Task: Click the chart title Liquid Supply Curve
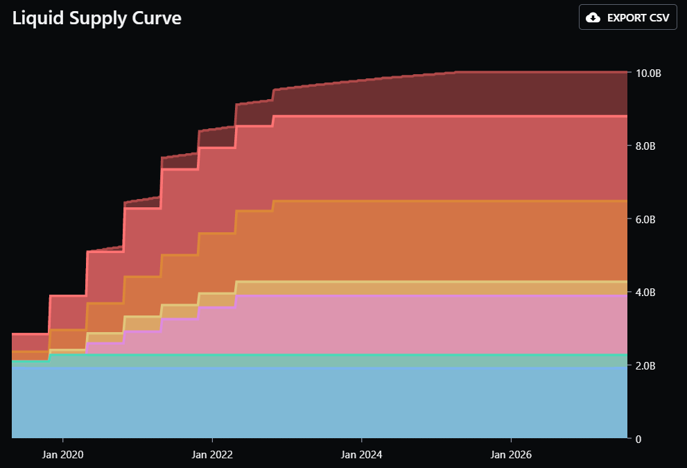click(97, 18)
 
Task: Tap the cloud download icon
click(593, 17)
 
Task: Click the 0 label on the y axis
click(638, 439)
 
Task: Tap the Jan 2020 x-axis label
click(63, 455)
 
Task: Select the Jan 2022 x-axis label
click(213, 455)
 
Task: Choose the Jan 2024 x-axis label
click(362, 455)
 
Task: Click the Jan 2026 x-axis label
click(512, 455)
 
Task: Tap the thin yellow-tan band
click(416, 288)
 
